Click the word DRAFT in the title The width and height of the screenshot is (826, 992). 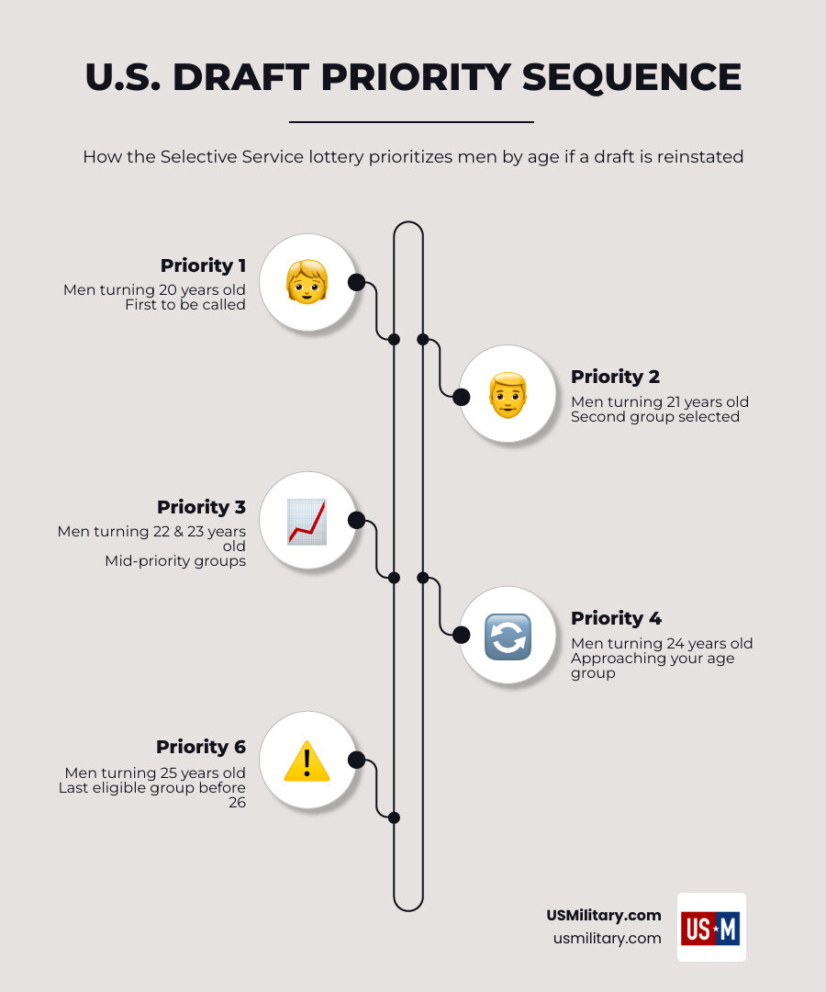(x=240, y=78)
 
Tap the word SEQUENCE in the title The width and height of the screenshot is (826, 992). (x=631, y=78)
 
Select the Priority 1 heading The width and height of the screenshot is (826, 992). (x=203, y=265)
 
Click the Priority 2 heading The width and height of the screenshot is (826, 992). (x=615, y=377)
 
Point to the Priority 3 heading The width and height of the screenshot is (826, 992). (x=201, y=507)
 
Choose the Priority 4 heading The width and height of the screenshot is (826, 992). (x=616, y=618)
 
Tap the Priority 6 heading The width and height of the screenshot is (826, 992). (x=201, y=747)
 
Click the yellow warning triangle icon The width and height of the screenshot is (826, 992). (x=307, y=761)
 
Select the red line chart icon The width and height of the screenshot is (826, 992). (x=307, y=522)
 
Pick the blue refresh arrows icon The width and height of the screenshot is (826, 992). (x=508, y=637)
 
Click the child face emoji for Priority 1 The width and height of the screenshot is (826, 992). (x=307, y=282)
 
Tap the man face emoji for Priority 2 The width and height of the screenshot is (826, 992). (x=508, y=395)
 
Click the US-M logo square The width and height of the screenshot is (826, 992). (x=711, y=928)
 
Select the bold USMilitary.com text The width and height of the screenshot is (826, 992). (x=604, y=915)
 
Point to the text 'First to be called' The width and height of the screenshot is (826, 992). (x=185, y=305)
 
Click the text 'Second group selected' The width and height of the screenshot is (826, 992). (x=654, y=417)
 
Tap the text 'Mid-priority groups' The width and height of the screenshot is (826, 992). (x=175, y=561)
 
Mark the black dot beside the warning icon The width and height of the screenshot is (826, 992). (x=356, y=760)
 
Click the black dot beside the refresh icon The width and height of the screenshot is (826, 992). (x=462, y=635)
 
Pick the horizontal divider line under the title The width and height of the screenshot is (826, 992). (x=411, y=121)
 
